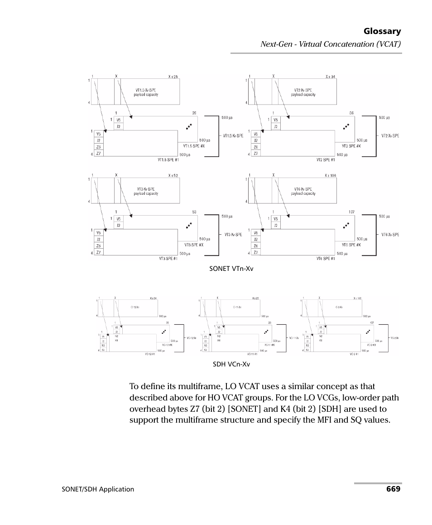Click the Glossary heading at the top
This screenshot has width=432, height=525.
click(382, 31)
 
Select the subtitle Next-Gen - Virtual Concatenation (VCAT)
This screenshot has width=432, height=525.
click(331, 44)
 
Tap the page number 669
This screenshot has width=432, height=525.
click(393, 489)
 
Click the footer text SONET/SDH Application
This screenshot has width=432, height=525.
click(98, 489)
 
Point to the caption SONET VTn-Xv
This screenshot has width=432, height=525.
click(231, 269)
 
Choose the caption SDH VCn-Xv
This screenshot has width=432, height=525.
click(231, 364)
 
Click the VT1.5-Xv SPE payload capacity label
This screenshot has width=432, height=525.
click(146, 92)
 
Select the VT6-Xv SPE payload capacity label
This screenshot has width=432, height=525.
click(303, 191)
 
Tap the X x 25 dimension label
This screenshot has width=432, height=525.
click(173, 77)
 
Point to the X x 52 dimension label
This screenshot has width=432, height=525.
click(173, 175)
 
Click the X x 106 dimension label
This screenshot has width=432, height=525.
click(331, 175)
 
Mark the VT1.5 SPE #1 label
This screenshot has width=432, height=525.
click(168, 159)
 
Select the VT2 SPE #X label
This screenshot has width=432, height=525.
click(351, 146)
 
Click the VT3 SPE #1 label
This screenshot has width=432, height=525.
click(168, 258)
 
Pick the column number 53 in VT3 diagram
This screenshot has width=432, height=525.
click(194, 212)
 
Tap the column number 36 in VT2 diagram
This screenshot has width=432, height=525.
click(351, 113)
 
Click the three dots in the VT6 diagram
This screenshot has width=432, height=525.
click(346, 225)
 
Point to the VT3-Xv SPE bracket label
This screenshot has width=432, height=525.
click(233, 235)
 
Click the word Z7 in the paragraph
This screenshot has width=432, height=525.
click(196, 409)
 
